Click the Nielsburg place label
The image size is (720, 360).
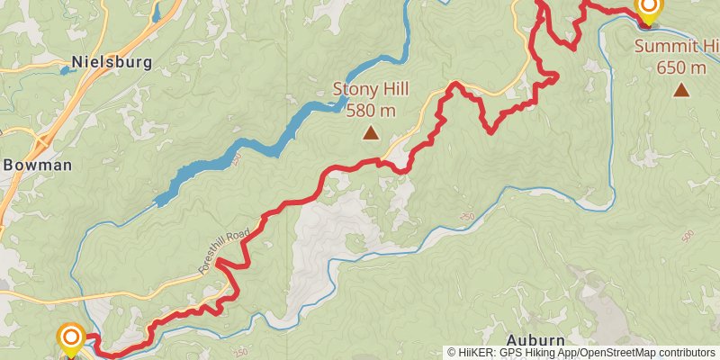coord(112,62)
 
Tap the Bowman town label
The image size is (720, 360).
coord(37,165)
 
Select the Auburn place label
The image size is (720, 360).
coord(535,339)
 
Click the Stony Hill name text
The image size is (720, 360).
coord(370,89)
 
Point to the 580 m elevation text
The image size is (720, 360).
coord(370,110)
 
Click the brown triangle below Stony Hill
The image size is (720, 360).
coord(370,133)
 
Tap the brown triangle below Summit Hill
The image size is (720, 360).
coord(681,89)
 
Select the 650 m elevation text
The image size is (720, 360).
coord(681,67)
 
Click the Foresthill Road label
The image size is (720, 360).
coord(223,251)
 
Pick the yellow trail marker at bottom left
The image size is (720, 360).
coord(71,339)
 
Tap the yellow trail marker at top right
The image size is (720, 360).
coord(648,8)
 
